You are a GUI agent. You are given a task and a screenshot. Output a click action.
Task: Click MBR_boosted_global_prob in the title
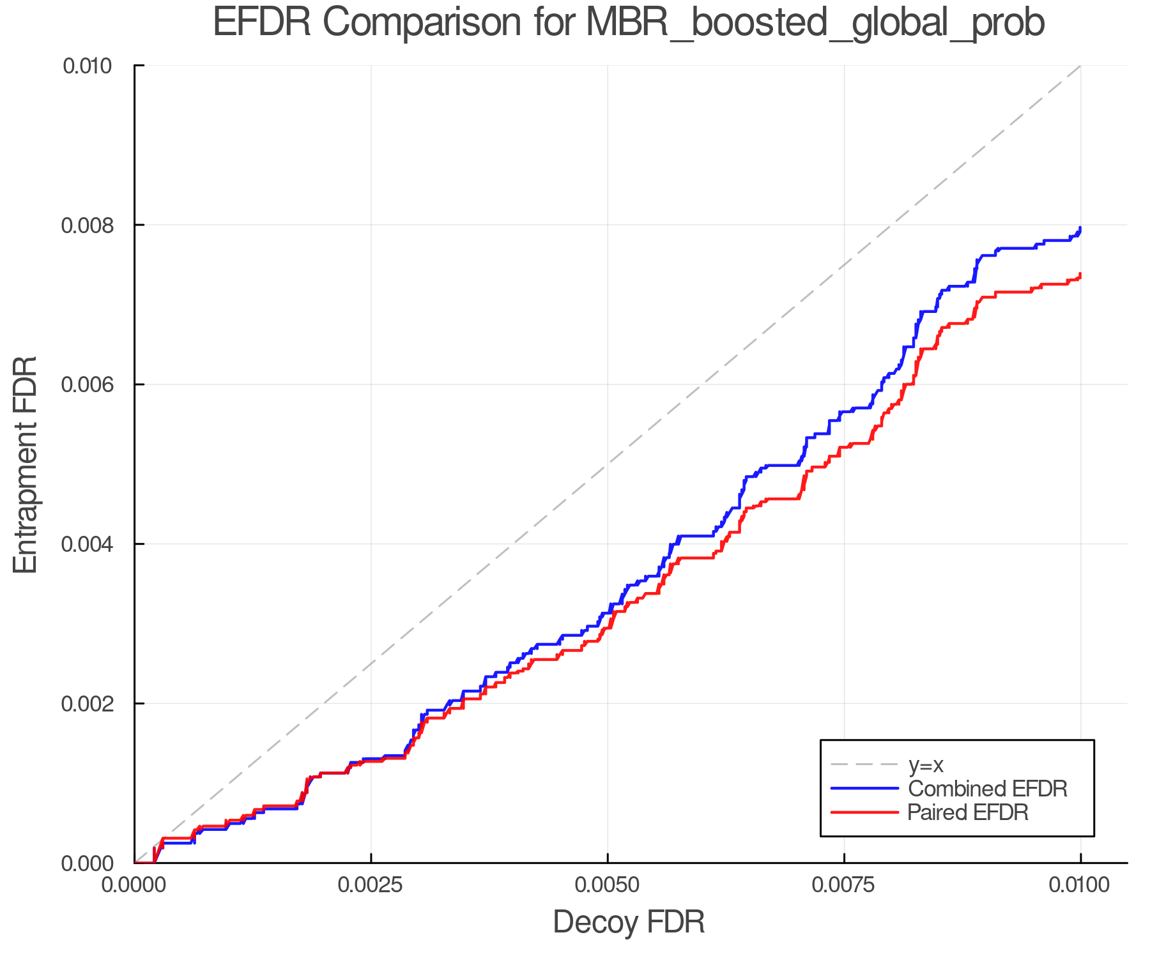tap(815, 24)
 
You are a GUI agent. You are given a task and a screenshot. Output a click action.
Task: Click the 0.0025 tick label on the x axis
tap(371, 885)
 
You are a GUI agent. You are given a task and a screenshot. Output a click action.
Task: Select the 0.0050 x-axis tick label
tap(608, 885)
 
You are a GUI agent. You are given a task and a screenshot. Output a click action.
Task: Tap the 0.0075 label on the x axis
tap(844, 885)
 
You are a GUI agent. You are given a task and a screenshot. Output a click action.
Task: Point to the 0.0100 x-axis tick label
tap(1080, 885)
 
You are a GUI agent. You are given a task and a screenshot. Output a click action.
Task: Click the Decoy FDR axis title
tap(629, 922)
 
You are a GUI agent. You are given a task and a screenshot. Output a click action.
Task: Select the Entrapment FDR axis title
tap(26, 464)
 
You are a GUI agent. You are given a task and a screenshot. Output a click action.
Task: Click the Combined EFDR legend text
tap(987, 789)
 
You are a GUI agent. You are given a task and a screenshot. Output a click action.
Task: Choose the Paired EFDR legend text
tap(968, 812)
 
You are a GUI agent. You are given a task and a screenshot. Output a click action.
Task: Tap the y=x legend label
tap(926, 764)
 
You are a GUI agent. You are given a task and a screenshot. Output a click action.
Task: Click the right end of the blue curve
tap(1080, 229)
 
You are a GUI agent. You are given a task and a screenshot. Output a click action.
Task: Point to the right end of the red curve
tap(1080, 275)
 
